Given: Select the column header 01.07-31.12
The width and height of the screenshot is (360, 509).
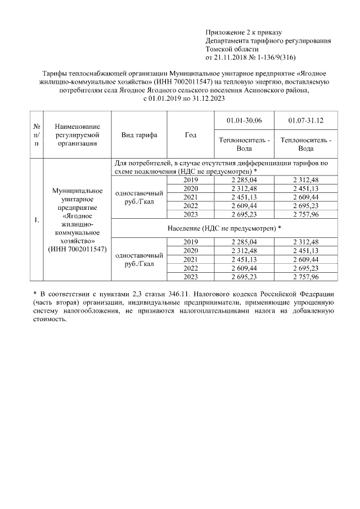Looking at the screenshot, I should pos(305,121).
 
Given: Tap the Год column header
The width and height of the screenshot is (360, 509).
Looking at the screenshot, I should pos(191,135).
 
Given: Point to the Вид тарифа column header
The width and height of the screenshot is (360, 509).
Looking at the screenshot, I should pos(139,135).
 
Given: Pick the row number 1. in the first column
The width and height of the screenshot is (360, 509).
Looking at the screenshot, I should pos(36,219).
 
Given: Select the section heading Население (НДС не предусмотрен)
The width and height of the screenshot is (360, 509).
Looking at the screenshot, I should pos(224,229).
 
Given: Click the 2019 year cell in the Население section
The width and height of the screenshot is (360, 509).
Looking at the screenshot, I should pos(191,242).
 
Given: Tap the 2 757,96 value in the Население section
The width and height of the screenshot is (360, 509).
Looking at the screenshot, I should pos(305,277).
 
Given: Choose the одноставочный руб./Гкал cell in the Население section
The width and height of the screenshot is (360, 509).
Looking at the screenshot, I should pos(139,259).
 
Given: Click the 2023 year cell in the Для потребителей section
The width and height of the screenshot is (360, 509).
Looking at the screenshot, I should pos(191,215).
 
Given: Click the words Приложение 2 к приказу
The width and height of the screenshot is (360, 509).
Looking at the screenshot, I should pos(244,32).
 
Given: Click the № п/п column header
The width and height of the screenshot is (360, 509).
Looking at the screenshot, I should pos(36,135).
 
